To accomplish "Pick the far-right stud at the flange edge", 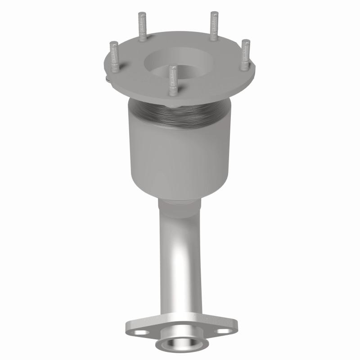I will pos(245,54).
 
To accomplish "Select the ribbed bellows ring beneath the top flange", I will pos(180,115).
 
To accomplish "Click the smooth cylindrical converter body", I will pos(180,153).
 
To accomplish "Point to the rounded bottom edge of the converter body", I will pos(180,191).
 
